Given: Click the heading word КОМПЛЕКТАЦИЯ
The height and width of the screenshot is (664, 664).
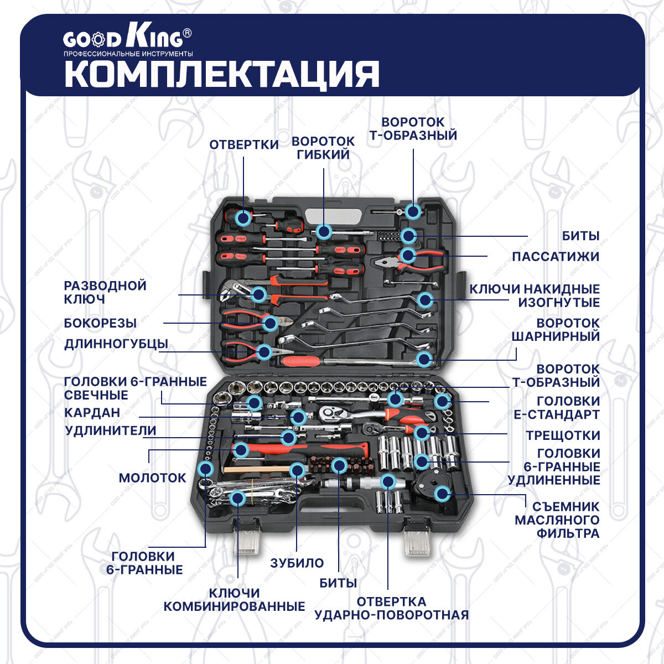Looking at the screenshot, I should (221, 74).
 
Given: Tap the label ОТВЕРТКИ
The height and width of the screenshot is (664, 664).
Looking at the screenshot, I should (243, 145).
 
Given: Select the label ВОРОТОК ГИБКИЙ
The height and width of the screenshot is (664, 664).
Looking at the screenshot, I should (323, 148).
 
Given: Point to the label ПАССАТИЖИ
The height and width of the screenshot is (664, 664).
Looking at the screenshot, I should (556, 257).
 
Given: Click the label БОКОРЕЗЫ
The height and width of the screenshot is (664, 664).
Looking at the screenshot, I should (100, 323).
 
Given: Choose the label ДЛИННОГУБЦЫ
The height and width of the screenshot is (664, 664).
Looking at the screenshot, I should (116, 344).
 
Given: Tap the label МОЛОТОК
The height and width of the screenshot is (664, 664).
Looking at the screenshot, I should (152, 478).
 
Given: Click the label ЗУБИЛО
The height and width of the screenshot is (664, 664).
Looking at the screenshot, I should (297, 563).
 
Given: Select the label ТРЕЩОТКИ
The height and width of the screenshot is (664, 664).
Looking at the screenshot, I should (563, 435).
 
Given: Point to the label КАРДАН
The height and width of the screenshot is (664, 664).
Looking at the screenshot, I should (92, 413).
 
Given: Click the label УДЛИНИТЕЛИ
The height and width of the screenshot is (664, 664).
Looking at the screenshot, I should (110, 430).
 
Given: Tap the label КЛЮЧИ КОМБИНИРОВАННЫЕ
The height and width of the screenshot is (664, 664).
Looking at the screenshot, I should (234, 600).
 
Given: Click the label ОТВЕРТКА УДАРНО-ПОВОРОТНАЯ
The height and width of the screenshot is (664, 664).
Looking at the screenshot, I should (391, 609).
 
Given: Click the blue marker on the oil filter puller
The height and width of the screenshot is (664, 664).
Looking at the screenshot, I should (442, 494).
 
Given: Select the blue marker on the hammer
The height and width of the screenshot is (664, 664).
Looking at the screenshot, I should (241, 449).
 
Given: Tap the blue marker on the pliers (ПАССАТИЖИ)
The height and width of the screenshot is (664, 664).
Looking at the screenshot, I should (408, 255).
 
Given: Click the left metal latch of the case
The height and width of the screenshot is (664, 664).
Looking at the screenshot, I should (246, 539).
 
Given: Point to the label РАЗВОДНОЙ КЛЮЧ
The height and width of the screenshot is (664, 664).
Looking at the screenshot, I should (105, 293).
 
